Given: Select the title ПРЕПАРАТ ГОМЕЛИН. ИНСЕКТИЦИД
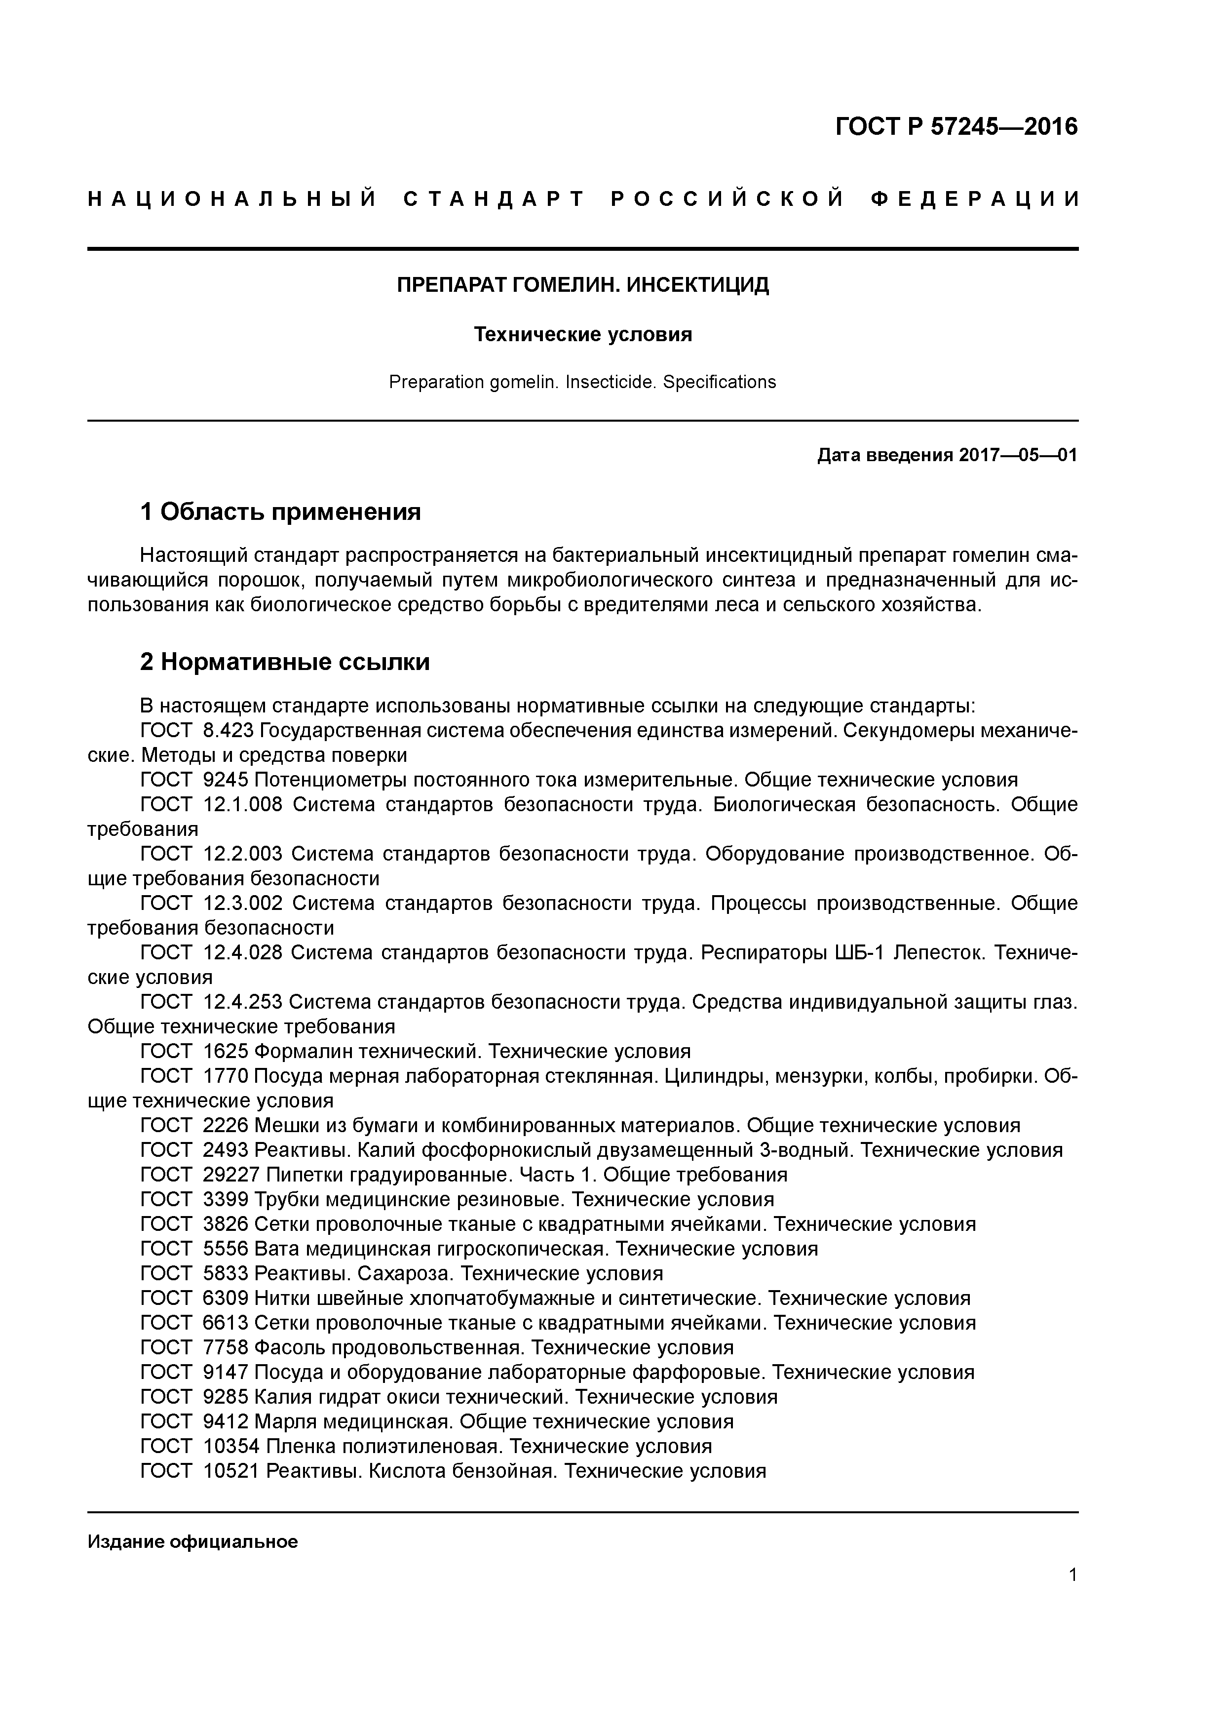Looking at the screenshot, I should (583, 285).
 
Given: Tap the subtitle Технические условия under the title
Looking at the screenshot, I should (583, 334).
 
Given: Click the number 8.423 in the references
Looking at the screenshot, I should (229, 731).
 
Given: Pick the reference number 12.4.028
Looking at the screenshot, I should (243, 953).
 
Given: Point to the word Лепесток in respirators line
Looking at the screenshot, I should (937, 953).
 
